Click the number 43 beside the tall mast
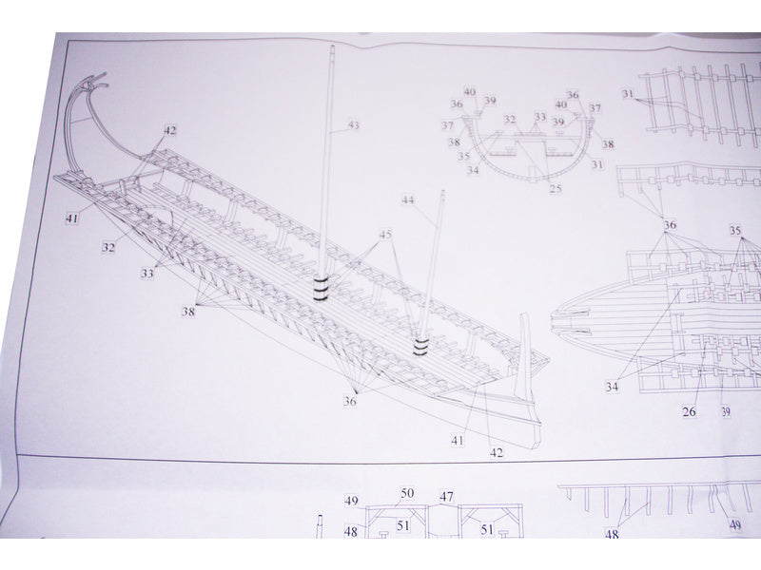(x=353, y=124)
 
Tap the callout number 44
(x=408, y=200)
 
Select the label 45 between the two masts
(x=384, y=234)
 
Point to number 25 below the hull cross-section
(x=556, y=189)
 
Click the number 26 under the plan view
(x=688, y=411)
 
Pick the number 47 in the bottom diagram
(x=447, y=497)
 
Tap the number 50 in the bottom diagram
(x=406, y=493)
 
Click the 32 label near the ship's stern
(x=109, y=247)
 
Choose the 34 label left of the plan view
(x=613, y=386)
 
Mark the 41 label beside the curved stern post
(x=71, y=218)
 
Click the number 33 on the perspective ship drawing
(x=147, y=273)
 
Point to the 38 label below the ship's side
(x=189, y=311)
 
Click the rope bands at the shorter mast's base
(x=420, y=346)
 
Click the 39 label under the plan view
(x=726, y=411)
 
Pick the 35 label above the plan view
(x=735, y=230)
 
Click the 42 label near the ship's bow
(x=496, y=452)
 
